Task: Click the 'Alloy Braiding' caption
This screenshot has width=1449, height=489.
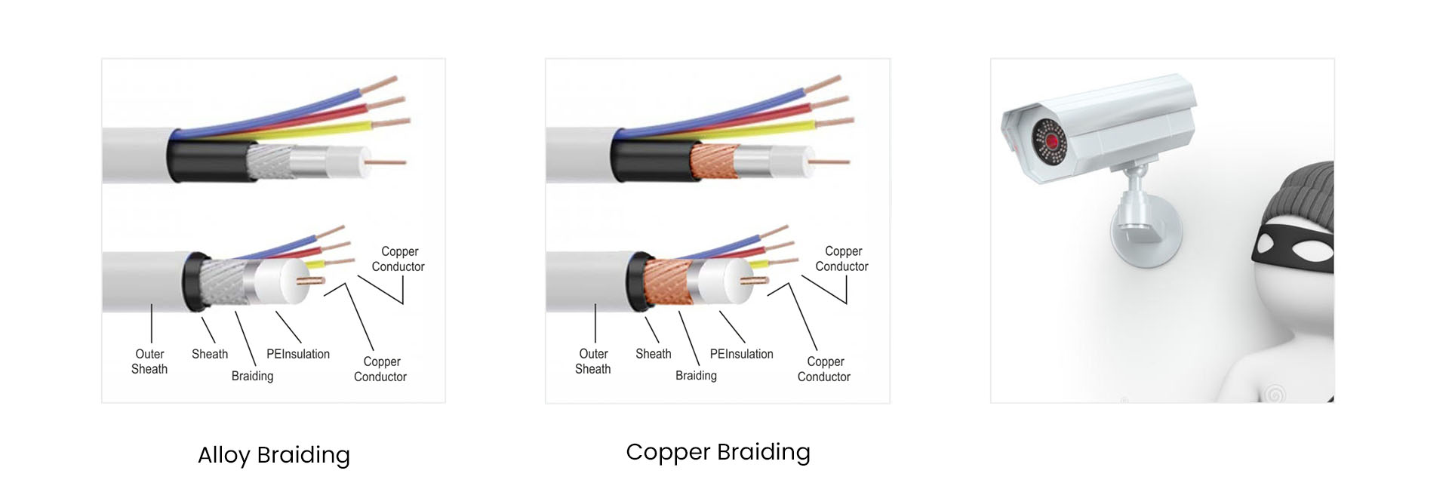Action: coord(274,455)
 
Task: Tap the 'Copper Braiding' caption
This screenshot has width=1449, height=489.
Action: coord(718,452)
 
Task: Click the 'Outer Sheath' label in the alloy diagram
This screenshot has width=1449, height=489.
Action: coord(149,361)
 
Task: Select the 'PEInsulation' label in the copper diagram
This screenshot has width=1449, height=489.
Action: coord(741,354)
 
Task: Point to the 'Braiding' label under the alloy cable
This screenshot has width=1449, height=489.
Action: coord(252,376)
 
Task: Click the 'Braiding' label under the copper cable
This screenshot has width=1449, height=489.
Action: coord(696,376)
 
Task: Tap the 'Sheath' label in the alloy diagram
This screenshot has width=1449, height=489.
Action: coord(210,354)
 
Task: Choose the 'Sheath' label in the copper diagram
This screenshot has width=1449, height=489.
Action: coord(653,354)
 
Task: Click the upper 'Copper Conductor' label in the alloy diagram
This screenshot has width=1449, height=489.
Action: coord(398,259)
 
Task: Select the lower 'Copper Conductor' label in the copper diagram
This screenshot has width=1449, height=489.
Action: coord(824,369)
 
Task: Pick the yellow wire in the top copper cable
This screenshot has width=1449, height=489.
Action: coord(755,134)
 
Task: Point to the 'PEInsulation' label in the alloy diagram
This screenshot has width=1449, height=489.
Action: coord(298,354)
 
